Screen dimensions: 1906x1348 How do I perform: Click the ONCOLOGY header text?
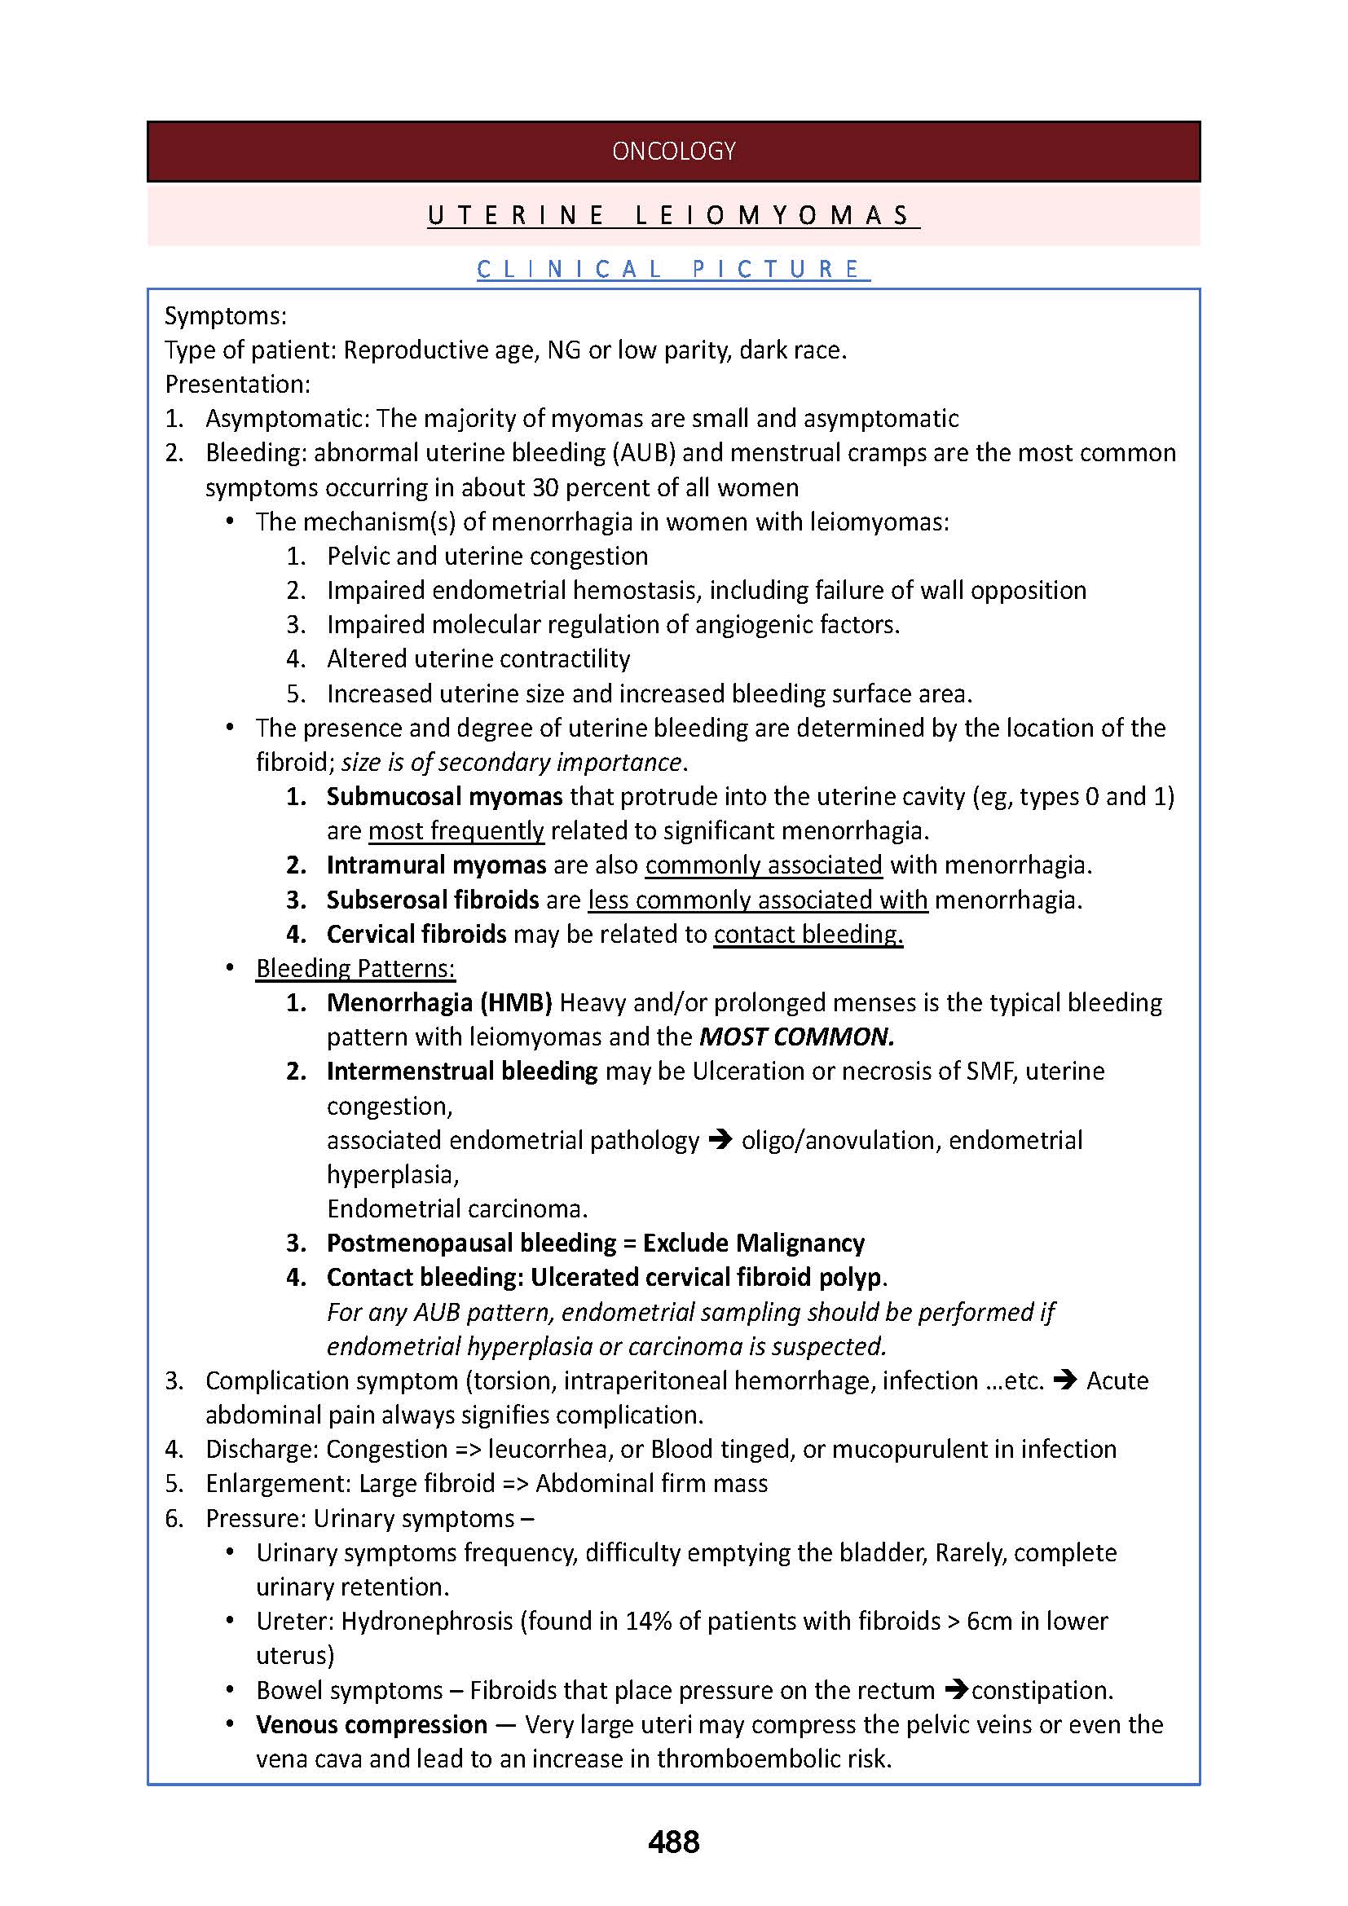pyautogui.click(x=673, y=151)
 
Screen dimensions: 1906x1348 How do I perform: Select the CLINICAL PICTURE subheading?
pyautogui.click(x=673, y=269)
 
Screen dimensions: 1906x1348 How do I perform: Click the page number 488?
pyautogui.click(x=673, y=1842)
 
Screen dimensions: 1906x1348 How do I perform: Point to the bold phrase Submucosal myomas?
pyautogui.click(x=444, y=796)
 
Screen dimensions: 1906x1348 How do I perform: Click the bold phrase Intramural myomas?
pyautogui.click(x=436, y=865)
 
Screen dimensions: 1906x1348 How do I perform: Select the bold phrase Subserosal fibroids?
pyautogui.click(x=433, y=900)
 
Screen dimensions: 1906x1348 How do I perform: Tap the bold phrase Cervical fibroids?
pyautogui.click(x=416, y=934)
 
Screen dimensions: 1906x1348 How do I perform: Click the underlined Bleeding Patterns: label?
pyautogui.click(x=355, y=968)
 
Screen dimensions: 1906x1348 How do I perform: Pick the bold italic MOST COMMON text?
pyautogui.click(x=796, y=1037)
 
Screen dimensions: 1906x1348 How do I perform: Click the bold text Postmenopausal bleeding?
pyautogui.click(x=470, y=1243)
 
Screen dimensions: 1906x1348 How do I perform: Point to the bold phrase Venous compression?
pyautogui.click(x=371, y=1724)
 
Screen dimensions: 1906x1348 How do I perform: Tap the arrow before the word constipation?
pyautogui.click(x=957, y=1689)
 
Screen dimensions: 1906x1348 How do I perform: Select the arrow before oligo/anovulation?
pyautogui.click(x=720, y=1140)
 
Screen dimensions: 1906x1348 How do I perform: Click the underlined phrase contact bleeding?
pyautogui.click(x=808, y=934)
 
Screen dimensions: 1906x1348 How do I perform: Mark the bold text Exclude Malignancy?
pyautogui.click(x=754, y=1243)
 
